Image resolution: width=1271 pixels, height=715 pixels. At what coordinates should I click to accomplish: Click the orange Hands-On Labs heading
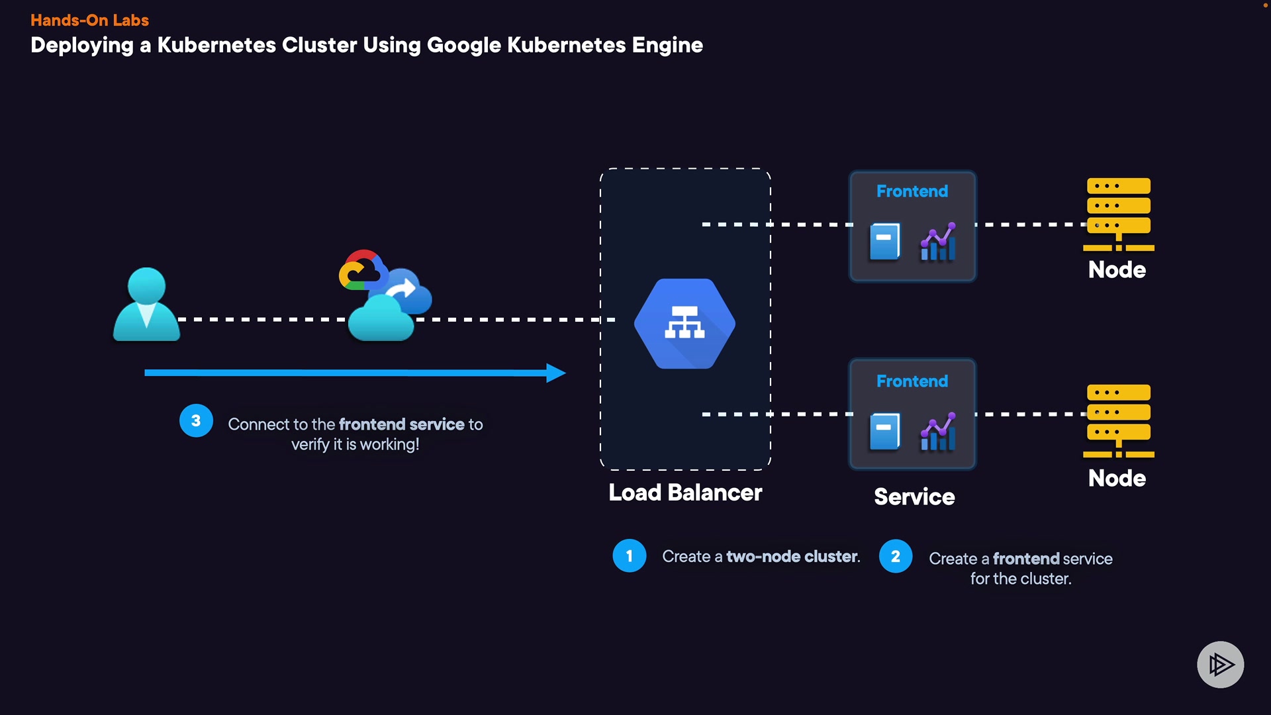point(89,20)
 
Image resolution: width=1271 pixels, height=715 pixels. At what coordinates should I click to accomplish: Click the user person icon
point(146,305)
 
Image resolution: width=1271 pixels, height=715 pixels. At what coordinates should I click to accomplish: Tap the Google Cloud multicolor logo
point(361,270)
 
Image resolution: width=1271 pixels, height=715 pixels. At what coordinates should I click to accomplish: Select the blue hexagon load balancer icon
point(684,324)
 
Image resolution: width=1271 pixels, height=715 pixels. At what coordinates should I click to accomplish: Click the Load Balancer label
point(685,493)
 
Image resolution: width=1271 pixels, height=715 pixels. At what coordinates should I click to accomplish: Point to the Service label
point(914,497)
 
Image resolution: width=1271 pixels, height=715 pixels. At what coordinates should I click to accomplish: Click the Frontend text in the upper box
point(912,191)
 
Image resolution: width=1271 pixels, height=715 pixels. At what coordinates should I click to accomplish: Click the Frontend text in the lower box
point(912,381)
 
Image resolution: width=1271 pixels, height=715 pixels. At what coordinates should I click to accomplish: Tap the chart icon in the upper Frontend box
point(938,242)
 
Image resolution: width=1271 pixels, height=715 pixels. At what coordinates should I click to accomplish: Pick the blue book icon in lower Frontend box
point(885,432)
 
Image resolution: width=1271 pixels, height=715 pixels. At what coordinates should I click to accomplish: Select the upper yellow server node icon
point(1119,214)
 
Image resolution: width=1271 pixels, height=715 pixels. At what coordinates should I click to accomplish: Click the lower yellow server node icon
point(1119,420)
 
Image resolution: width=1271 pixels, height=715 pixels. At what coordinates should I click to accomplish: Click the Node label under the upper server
point(1117,269)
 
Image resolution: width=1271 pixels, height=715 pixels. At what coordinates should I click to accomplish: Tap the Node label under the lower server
point(1117,478)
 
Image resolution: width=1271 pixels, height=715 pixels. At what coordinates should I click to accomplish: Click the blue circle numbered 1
point(629,556)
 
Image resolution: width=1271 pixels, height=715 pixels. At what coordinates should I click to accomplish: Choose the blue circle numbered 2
point(896,556)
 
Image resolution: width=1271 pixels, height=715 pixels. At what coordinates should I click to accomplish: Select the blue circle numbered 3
point(196,420)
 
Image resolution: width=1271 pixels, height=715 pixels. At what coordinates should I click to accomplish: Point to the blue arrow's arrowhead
point(556,373)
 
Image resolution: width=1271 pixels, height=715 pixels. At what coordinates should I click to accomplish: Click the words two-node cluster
point(792,557)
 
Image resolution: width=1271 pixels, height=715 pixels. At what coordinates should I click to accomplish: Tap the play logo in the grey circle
point(1220,664)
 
